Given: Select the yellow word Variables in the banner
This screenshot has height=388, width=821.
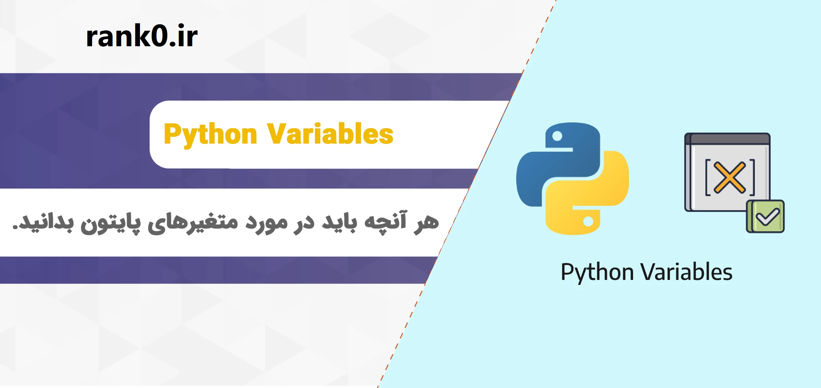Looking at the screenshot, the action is coord(330,134).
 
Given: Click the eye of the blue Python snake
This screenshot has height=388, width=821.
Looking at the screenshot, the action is coord(557,136).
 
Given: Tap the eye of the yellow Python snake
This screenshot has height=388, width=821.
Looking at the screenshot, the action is coord(588,221).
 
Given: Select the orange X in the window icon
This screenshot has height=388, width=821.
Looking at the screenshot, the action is coord(730,178).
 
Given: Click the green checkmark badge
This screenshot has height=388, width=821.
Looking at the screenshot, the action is coord(765,216).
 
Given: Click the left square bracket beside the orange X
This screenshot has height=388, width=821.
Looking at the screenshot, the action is coord(708,178).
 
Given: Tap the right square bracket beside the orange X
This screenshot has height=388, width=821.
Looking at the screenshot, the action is coord(752,178).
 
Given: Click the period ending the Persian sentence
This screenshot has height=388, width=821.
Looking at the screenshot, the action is coord(15,227).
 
